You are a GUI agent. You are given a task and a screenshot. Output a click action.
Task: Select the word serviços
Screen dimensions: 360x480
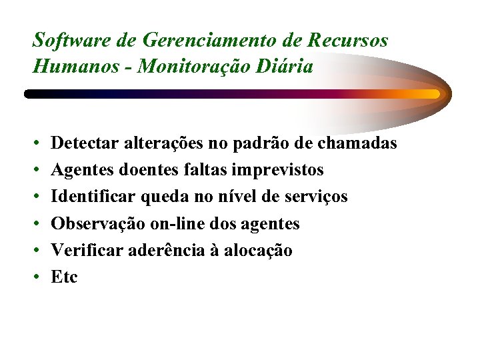(x=317, y=198)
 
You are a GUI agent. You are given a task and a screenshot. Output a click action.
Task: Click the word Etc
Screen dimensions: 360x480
(x=64, y=277)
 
